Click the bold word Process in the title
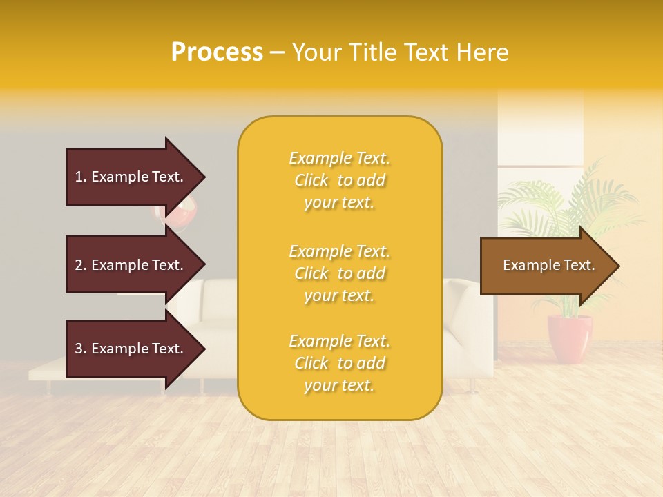coord(217,52)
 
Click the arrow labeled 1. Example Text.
coord(131,177)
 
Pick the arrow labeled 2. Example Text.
coord(131,265)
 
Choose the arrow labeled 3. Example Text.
coord(131,349)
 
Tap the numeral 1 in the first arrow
coord(79,177)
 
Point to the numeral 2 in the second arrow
coord(79,265)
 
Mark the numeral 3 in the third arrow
coord(79,349)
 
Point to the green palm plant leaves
coord(573,200)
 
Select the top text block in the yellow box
coord(339,180)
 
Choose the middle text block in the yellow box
coord(339,273)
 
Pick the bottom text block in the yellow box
coord(339,363)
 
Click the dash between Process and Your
coord(277,53)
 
